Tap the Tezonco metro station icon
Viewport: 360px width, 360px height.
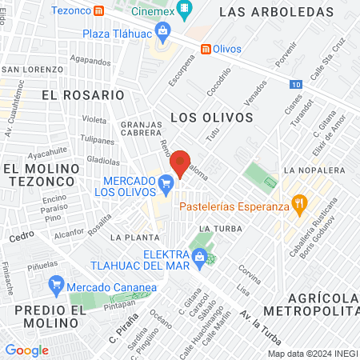[x=98, y=10]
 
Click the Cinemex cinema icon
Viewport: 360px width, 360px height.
[x=185, y=10]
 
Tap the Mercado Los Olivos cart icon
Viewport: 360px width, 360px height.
[x=166, y=184]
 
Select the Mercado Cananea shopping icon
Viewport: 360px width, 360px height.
[x=56, y=284]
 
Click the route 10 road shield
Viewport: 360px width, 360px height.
[x=296, y=83]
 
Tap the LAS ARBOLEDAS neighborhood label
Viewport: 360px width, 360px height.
[x=275, y=13]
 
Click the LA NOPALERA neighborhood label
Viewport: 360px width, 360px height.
[x=318, y=170]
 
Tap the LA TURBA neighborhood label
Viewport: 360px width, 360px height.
[x=216, y=229]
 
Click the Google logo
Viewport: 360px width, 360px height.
[x=26, y=350]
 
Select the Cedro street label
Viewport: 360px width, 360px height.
[x=22, y=238]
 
